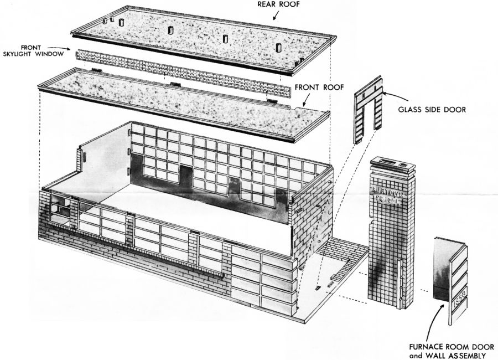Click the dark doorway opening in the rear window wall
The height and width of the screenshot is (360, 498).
click(x=184, y=174)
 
